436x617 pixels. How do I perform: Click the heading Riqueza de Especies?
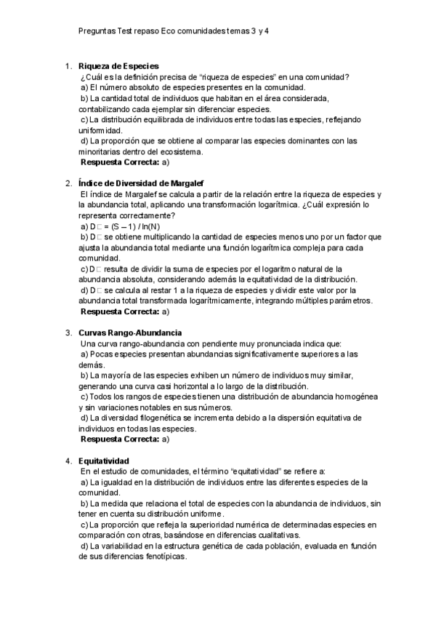coord(118,66)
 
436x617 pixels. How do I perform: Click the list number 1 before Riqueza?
coord(68,66)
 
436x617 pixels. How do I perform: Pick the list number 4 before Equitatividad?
coord(68,461)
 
